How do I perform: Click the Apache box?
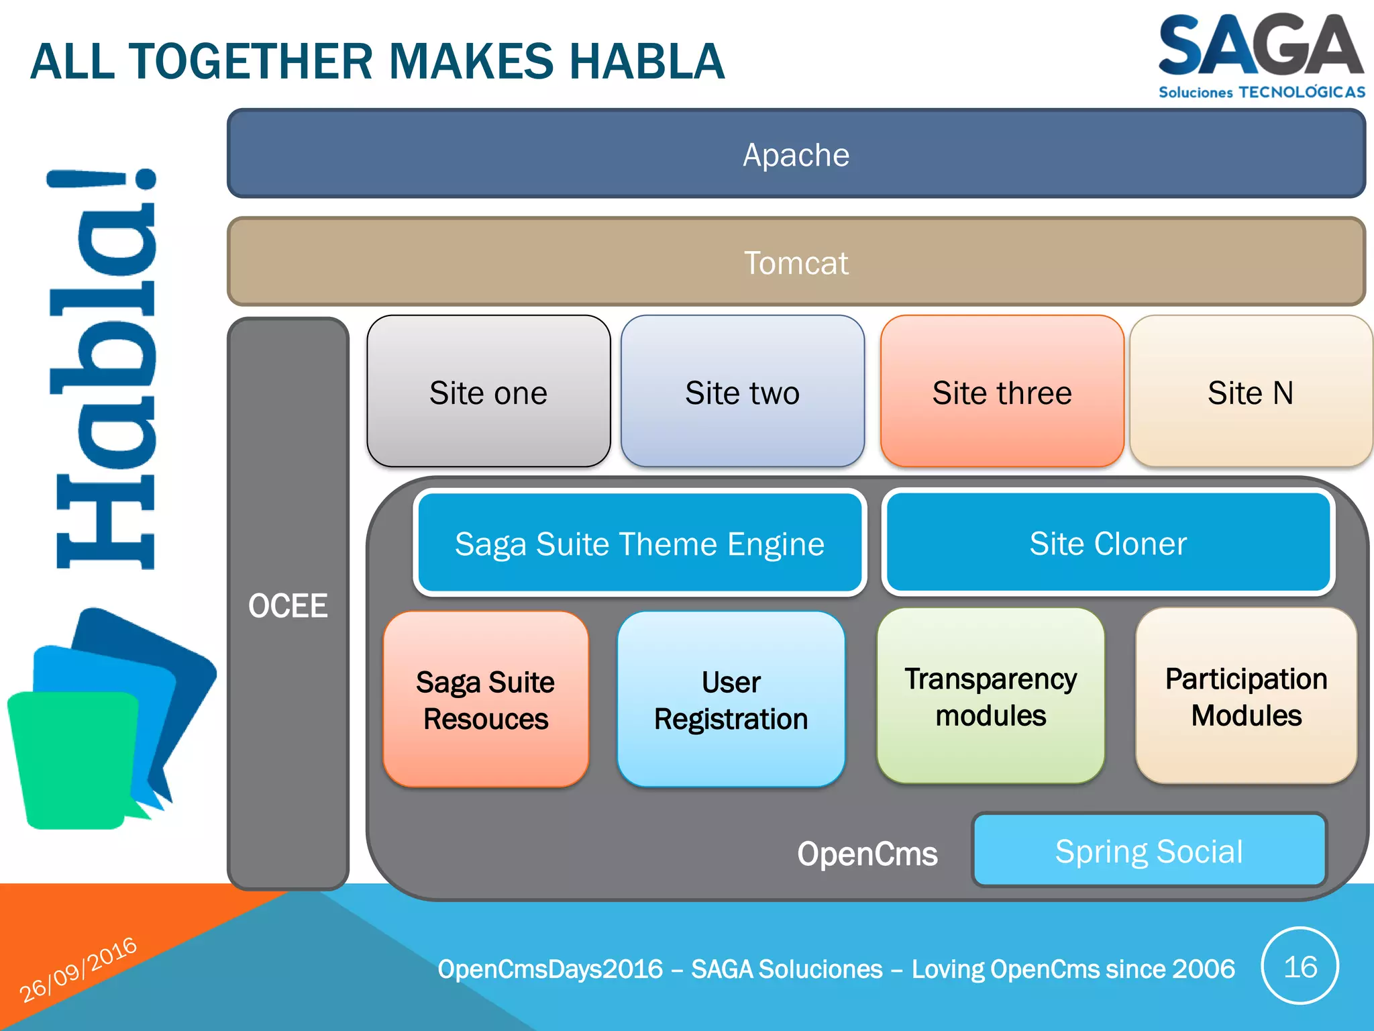[x=796, y=154]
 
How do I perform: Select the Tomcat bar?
[x=796, y=262]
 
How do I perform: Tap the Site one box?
[x=488, y=392]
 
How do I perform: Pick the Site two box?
[x=742, y=392]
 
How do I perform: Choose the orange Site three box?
[x=1002, y=392]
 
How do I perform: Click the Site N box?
[x=1250, y=392]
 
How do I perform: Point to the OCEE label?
[x=288, y=605]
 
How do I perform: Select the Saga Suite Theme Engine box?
[x=639, y=543]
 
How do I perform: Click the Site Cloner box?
[x=1108, y=543]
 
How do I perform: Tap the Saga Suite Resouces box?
[x=486, y=699]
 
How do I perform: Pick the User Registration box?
[x=731, y=699]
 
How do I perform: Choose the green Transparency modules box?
[x=990, y=697]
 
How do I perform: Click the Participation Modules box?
[x=1246, y=697]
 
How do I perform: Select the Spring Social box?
[x=1149, y=850]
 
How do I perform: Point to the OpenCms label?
[x=867, y=854]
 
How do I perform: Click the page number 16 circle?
[x=1300, y=967]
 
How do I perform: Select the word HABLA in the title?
[x=647, y=62]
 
